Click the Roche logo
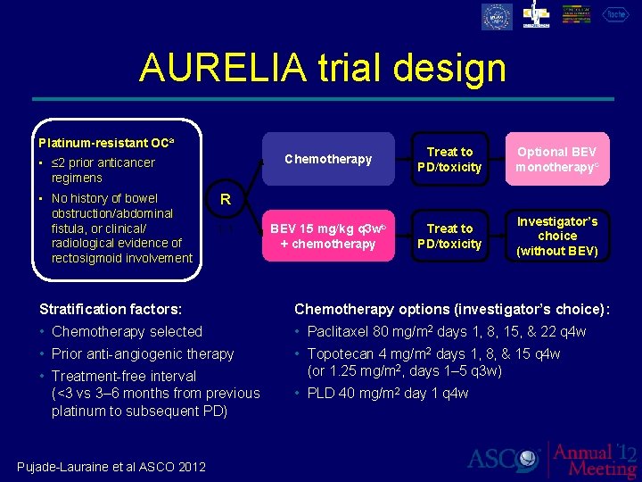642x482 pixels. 615,15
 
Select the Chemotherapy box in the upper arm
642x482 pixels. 327,159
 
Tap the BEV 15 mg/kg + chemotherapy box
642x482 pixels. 327,236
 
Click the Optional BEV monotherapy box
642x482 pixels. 556,159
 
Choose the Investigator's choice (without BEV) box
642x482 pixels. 557,236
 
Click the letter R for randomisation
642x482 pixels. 226,200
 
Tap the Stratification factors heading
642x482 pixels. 111,309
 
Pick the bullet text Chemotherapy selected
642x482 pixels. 127,331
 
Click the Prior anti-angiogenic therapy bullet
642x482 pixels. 143,353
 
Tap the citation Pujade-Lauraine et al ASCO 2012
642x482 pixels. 111,466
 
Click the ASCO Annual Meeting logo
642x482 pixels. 552,459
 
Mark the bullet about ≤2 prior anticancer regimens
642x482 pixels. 103,170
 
